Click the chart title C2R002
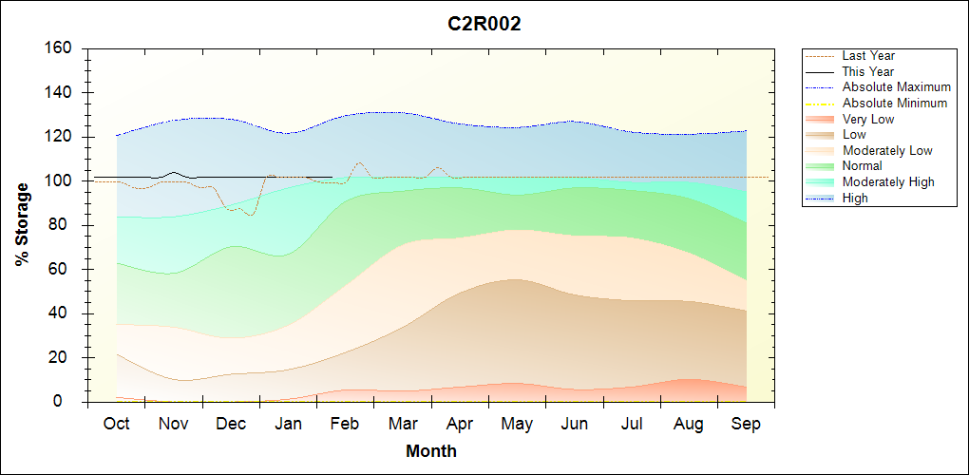click(484, 25)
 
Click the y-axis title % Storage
click(23, 224)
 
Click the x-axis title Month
click(431, 451)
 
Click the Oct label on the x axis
click(116, 424)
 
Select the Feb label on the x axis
click(345, 424)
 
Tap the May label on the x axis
click(517, 424)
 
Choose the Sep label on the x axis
click(746, 424)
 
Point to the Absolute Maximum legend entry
click(896, 87)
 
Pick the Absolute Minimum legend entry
click(895, 104)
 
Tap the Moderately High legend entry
click(888, 182)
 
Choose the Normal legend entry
click(862, 166)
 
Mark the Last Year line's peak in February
click(358, 162)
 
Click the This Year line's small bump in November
click(173, 172)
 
